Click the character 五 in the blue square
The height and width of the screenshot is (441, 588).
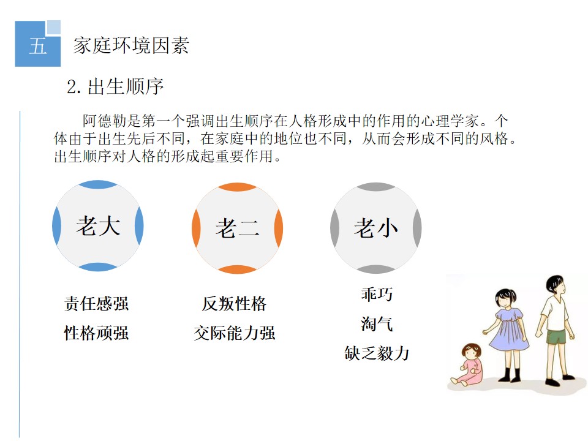pyautogui.click(x=38, y=46)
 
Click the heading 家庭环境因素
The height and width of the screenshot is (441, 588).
pyautogui.click(x=131, y=46)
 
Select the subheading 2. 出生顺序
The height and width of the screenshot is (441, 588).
pyautogui.click(x=115, y=86)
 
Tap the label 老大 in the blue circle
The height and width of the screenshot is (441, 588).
pyautogui.click(x=98, y=226)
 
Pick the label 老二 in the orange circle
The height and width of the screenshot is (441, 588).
pyautogui.click(x=238, y=228)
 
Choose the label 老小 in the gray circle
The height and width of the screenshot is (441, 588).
pyautogui.click(x=375, y=228)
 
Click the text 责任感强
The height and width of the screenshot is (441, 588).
pyautogui.click(x=96, y=303)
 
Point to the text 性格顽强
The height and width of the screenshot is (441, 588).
pyautogui.click(x=96, y=333)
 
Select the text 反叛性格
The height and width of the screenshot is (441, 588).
pyautogui.click(x=235, y=303)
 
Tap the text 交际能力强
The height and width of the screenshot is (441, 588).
pyautogui.click(x=235, y=333)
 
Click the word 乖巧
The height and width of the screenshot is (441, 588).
pyautogui.click(x=377, y=294)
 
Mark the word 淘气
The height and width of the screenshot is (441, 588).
pyautogui.click(x=377, y=323)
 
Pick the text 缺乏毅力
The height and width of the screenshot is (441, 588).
pyautogui.click(x=377, y=353)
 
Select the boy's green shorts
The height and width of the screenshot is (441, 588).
pyautogui.click(x=556, y=336)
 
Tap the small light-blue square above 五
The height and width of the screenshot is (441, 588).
pyautogui.click(x=53, y=28)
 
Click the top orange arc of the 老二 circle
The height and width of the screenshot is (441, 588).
pyautogui.click(x=238, y=186)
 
